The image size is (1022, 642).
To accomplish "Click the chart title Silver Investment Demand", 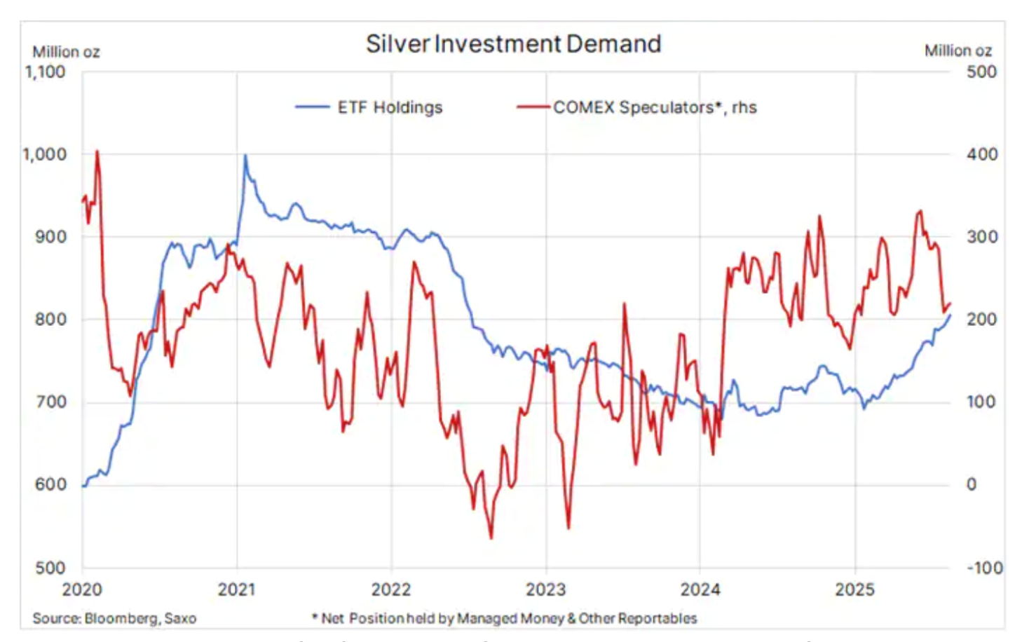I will tap(513, 44).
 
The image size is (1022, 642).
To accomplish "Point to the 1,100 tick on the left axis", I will tap(46, 71).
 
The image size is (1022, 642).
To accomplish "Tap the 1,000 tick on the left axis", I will tap(46, 154).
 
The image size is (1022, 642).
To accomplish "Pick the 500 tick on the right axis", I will tap(981, 71).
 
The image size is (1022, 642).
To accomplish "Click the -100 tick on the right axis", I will tap(984, 568).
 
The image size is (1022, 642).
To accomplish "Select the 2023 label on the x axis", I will tap(545, 589).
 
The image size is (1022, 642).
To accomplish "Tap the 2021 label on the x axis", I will tap(237, 589).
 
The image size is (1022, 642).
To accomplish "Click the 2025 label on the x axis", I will tap(854, 589).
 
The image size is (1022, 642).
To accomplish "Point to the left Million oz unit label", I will tap(66, 52).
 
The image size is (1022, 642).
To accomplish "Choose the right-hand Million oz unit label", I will tap(958, 51).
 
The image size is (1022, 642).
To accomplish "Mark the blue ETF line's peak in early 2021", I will tap(245, 156).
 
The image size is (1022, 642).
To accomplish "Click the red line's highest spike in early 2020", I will tap(97, 151).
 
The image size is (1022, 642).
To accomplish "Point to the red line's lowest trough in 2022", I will tap(491, 538).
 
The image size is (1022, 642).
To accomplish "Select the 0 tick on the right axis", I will tap(971, 484).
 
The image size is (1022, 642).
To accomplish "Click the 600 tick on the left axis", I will tap(50, 484).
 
